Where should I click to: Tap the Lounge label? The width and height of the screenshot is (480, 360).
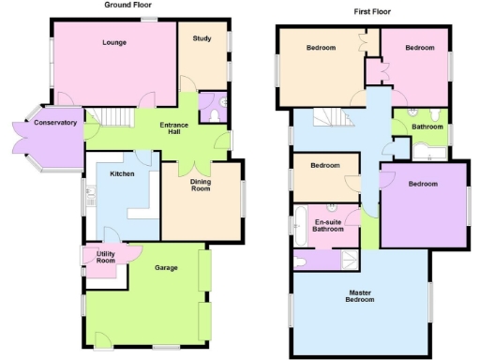tap(113, 42)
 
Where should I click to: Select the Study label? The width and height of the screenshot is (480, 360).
tap(202, 38)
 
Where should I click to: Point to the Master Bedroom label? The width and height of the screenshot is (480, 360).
tap(361, 295)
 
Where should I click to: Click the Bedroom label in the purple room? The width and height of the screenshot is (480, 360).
tap(422, 184)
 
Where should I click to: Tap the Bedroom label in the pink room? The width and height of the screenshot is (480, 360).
tap(419, 47)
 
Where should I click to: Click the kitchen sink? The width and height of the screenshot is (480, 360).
tap(91, 196)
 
